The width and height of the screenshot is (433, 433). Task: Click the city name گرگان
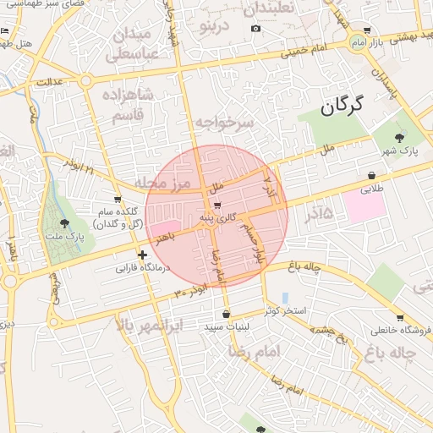(x=342, y=106)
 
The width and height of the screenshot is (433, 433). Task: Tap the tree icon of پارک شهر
(x=400, y=139)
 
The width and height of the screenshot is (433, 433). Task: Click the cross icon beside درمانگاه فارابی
(x=142, y=255)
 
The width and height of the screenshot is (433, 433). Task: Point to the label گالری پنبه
(x=219, y=219)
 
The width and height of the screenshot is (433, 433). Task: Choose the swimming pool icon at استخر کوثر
(x=285, y=298)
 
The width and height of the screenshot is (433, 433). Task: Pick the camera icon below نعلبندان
(x=255, y=29)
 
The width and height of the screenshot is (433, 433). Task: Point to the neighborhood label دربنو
(x=213, y=25)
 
